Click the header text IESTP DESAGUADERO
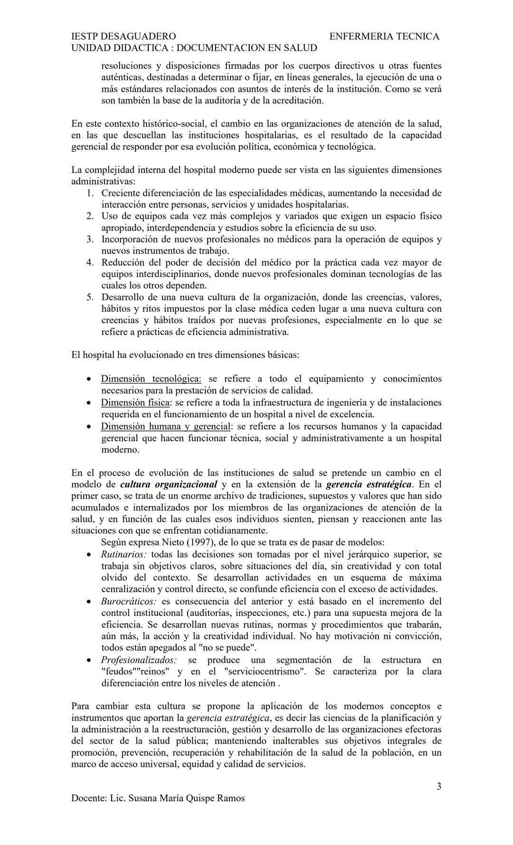click(x=123, y=36)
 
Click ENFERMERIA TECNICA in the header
click(x=384, y=36)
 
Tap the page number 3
click(x=438, y=786)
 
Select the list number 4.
click(x=90, y=262)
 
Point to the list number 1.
click(x=90, y=193)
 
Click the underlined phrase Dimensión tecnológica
click(x=151, y=379)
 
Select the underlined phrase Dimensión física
click(x=135, y=403)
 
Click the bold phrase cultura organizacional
click(x=169, y=484)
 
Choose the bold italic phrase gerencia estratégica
click(x=369, y=484)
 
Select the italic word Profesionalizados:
click(x=139, y=660)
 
